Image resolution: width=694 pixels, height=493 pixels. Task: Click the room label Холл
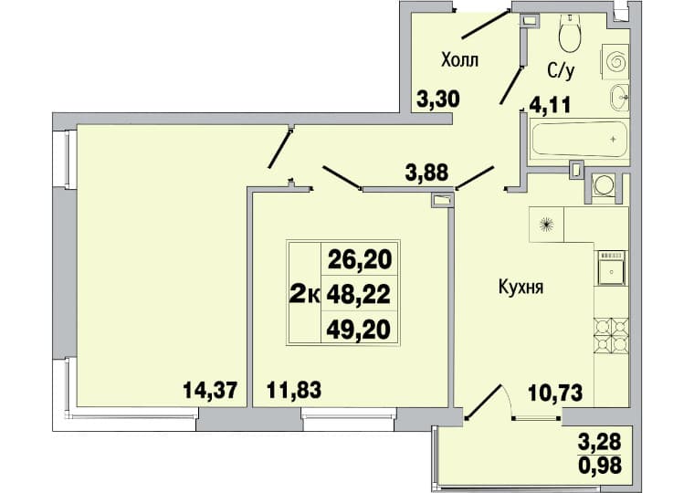459,59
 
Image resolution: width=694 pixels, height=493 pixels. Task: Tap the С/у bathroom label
561,71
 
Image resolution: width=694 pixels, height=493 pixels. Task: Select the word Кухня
520,288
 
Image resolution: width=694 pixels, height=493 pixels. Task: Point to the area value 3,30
438,100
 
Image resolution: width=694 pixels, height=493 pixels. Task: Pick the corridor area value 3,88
427,173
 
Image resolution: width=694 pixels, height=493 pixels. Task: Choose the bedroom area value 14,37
210,391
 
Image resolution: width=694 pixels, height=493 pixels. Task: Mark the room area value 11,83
294,391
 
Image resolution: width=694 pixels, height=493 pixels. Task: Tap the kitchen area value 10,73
555,393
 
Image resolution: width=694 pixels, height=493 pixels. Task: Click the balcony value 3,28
600,442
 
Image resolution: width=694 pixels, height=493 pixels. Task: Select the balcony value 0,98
600,465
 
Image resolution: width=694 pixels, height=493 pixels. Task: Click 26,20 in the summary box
360,259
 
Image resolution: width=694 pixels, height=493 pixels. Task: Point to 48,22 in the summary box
359,294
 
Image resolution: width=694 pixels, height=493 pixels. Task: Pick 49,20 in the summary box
359,330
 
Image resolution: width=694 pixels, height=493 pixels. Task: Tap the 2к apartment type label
304,295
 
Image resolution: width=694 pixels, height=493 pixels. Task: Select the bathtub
579,142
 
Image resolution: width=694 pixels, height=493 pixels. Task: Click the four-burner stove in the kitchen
611,336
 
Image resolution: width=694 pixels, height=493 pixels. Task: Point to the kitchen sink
612,267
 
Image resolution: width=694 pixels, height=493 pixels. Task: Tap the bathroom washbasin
619,97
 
